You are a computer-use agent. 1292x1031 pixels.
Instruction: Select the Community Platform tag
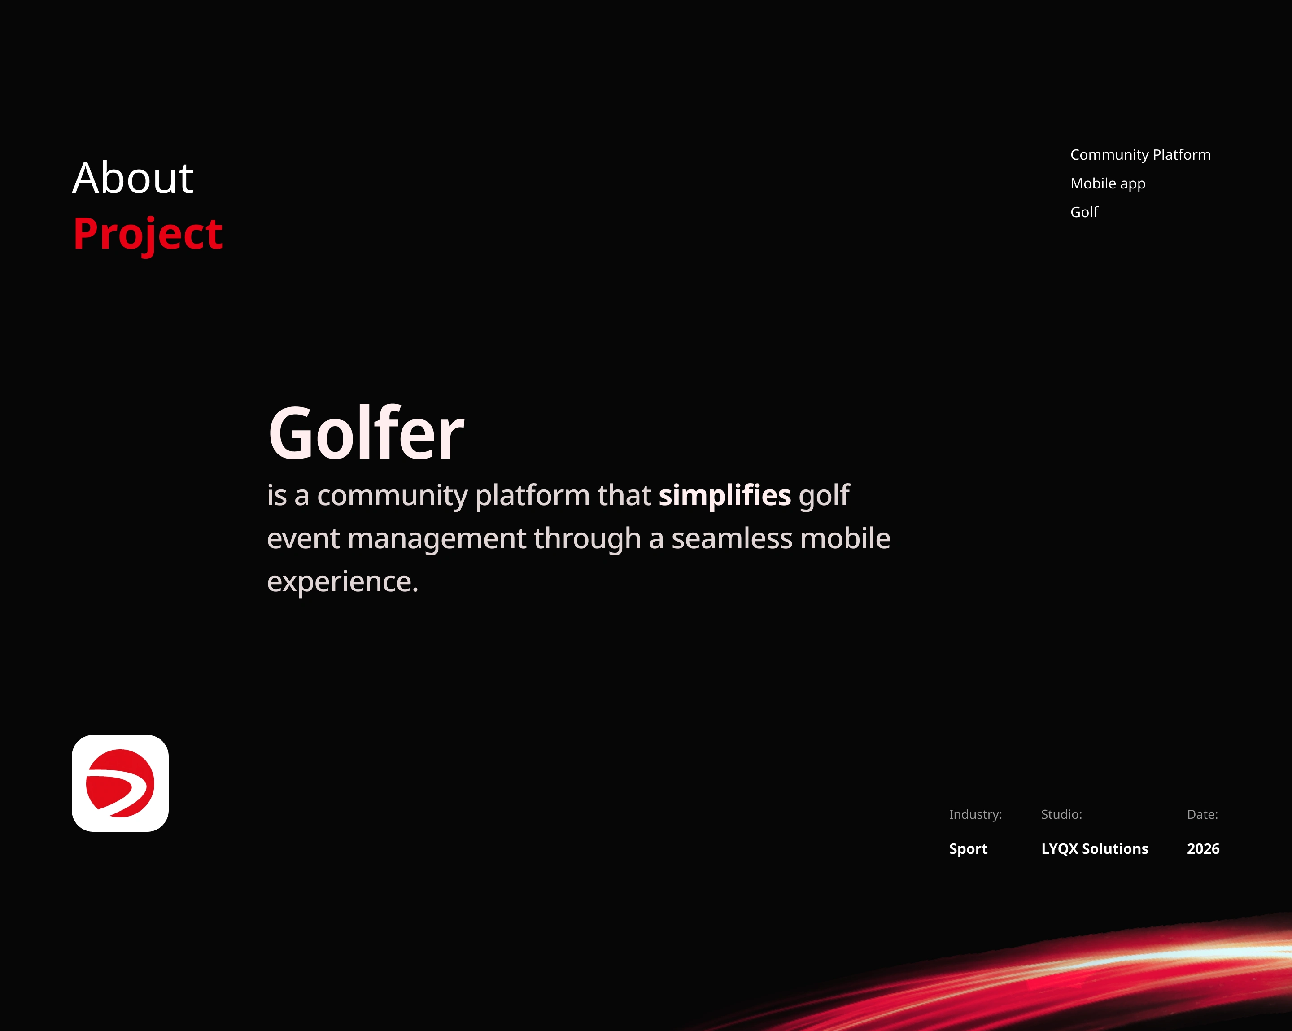1140,155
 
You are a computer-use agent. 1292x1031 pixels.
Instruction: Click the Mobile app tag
1108,184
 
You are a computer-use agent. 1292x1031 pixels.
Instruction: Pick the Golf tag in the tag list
1084,212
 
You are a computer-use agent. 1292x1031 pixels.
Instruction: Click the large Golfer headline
366,433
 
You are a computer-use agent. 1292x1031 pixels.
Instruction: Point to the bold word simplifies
725,496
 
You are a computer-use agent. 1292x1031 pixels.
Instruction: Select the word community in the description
392,496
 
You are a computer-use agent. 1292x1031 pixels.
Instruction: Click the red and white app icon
120,783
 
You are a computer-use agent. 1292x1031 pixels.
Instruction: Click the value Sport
968,849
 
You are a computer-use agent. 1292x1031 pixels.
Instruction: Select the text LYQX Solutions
1094,849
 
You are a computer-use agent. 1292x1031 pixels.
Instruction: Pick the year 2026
1203,849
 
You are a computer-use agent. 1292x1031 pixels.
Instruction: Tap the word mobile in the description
845,538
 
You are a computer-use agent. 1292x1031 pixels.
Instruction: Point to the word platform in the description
532,496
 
